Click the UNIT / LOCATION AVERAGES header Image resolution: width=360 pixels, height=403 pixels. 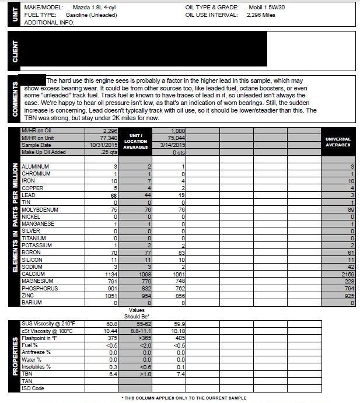(x=135, y=141)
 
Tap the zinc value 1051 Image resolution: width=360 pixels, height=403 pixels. (x=110, y=297)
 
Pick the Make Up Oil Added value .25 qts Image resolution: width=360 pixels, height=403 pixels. (x=109, y=152)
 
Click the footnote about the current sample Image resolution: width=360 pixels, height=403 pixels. (x=184, y=397)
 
